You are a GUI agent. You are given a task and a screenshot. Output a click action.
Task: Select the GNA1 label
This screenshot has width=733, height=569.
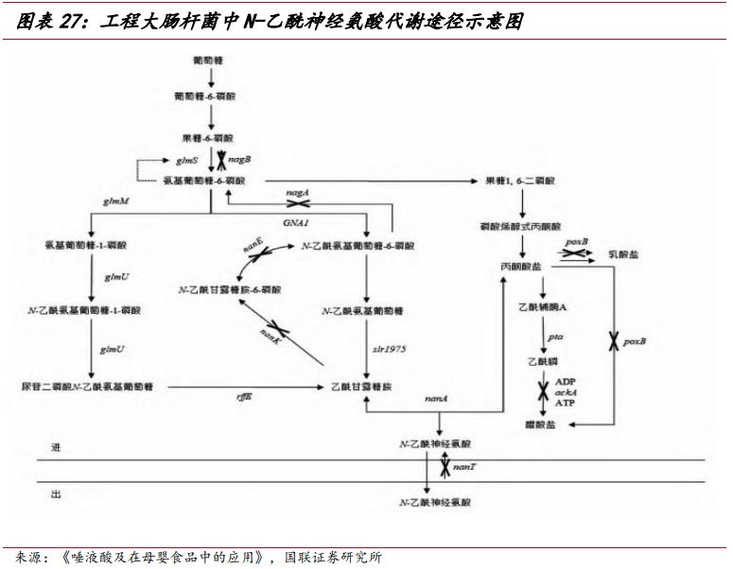point(296,220)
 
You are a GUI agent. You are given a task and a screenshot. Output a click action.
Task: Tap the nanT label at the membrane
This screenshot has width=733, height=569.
point(463,467)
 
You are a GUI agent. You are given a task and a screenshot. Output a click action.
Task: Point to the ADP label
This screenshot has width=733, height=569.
point(566,380)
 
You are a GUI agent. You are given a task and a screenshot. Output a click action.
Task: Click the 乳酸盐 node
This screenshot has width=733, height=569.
point(625,256)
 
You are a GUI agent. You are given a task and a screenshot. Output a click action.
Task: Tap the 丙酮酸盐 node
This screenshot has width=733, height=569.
point(522,268)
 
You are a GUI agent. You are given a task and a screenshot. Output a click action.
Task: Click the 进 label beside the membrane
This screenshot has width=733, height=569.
point(56,448)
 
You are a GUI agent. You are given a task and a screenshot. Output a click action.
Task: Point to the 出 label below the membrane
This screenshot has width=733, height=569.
point(56,492)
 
